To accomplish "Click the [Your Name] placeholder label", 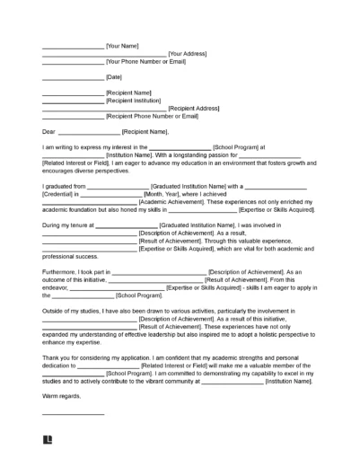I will coord(122,44).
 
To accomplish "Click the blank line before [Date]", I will coord(73,79).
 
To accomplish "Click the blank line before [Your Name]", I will coord(73,45).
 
